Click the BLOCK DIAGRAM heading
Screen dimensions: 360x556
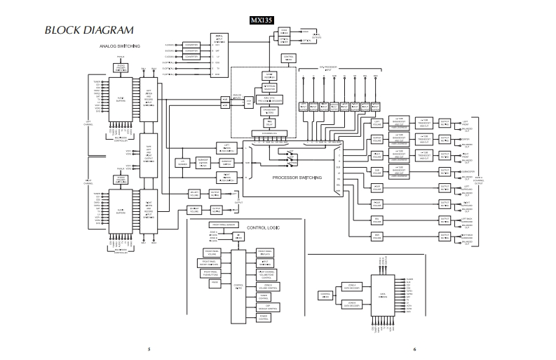click(89, 31)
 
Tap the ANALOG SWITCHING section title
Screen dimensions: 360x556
click(120, 46)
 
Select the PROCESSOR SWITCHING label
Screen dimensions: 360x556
click(297, 178)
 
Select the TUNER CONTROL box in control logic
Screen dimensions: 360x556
click(264, 296)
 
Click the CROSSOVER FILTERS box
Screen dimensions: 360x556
click(269, 110)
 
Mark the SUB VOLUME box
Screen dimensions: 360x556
click(377, 171)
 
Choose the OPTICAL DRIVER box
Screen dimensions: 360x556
click(284, 40)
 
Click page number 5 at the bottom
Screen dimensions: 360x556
click(148, 348)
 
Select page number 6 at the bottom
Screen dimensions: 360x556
click(414, 348)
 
